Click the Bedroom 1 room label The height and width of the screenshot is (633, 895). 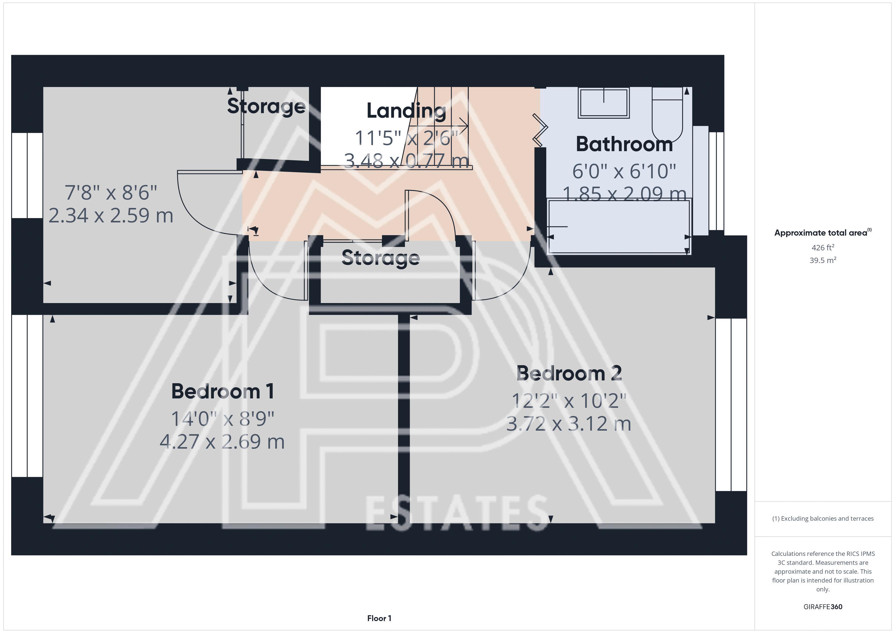(x=222, y=391)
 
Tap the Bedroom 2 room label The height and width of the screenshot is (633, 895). (x=569, y=373)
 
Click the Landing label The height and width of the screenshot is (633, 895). (x=406, y=111)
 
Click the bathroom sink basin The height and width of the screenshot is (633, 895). (x=604, y=102)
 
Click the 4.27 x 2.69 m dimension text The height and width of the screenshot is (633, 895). (x=222, y=442)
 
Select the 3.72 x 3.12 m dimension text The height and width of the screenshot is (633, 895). (x=569, y=424)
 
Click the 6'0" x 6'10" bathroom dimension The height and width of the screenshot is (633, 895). (x=624, y=171)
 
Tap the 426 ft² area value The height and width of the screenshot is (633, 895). (x=823, y=248)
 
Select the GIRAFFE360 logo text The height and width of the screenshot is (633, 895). (x=823, y=606)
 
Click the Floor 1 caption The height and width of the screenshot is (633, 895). (x=379, y=618)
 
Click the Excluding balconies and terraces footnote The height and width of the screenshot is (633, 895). (x=823, y=518)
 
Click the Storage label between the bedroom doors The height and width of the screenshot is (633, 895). (x=381, y=258)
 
